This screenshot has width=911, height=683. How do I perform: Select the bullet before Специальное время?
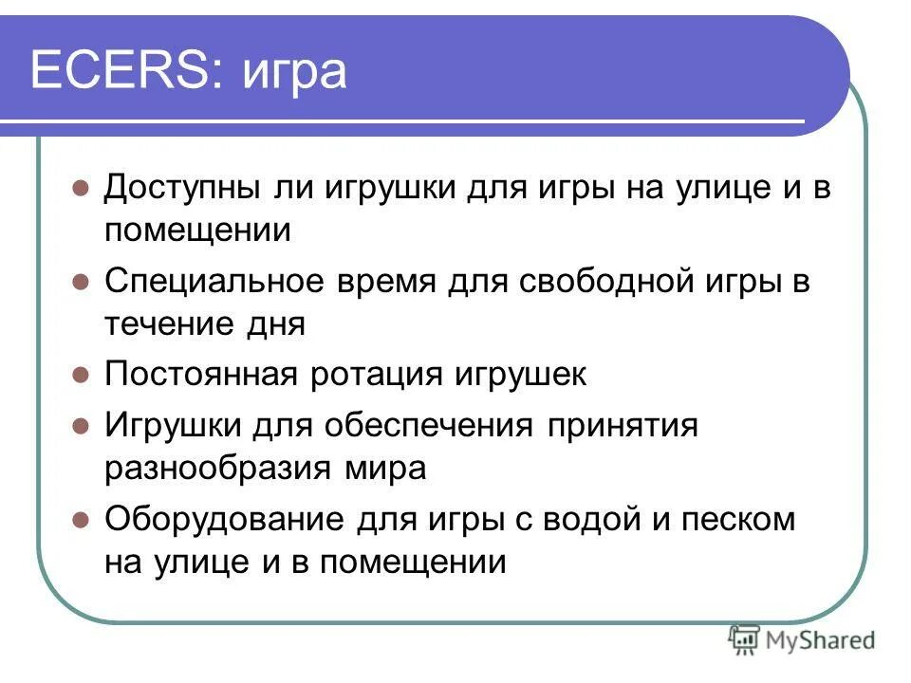click(x=81, y=282)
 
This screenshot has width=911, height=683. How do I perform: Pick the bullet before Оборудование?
click(x=81, y=519)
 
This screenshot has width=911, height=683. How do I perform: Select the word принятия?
click(x=623, y=425)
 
